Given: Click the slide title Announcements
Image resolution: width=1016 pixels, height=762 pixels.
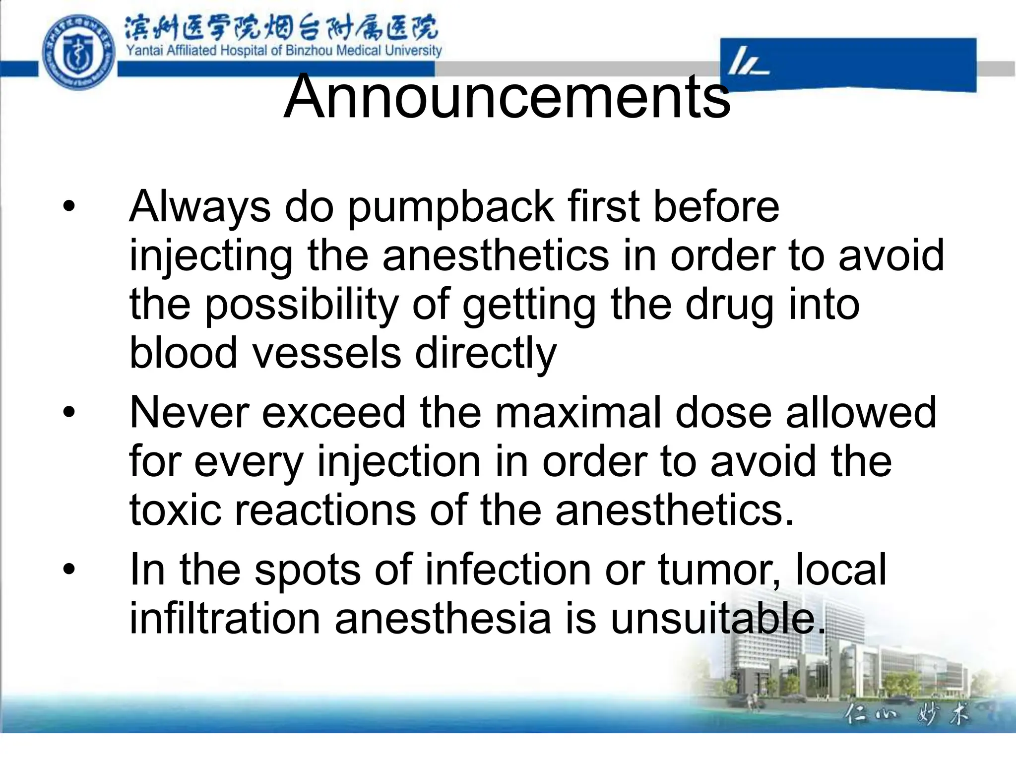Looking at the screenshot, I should [507, 96].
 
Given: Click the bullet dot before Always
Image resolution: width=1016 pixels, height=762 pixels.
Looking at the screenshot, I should [69, 206].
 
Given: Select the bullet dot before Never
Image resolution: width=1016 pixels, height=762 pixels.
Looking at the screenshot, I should [69, 412].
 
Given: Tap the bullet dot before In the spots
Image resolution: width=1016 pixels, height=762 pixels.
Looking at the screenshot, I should [69, 569].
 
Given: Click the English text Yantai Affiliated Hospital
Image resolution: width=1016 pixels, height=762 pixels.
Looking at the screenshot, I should [283, 51].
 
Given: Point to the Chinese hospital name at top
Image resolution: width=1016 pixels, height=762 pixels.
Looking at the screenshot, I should [281, 28].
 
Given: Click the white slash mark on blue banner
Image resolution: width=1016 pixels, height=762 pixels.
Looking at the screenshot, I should [747, 63].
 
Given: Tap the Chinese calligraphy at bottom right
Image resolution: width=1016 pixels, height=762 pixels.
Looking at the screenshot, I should [906, 715].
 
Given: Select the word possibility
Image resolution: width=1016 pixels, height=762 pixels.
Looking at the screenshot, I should [302, 305].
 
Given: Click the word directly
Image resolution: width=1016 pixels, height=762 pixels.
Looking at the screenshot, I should [486, 353].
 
